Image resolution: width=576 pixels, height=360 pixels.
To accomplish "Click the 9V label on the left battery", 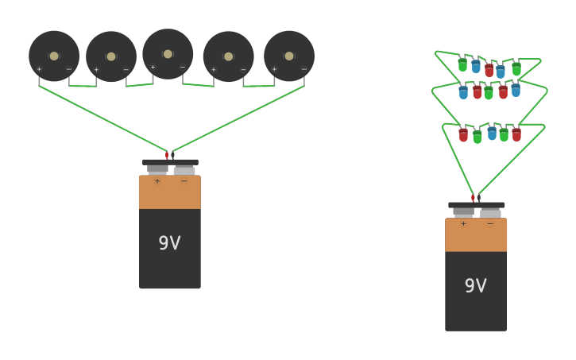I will [169, 243].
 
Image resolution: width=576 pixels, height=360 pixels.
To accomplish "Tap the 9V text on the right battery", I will [475, 286].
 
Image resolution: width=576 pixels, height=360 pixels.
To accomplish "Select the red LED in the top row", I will [489, 70].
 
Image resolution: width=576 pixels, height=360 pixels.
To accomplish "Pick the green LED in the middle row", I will [489, 93].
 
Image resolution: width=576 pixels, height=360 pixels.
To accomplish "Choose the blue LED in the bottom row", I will [492, 133].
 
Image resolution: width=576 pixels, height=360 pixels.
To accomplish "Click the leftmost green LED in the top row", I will [462, 64].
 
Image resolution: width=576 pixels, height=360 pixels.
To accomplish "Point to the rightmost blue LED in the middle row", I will [516, 91].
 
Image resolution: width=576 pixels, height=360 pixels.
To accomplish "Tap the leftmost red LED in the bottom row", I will [463, 135].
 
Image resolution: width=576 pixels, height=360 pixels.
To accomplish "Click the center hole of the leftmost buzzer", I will [54, 56].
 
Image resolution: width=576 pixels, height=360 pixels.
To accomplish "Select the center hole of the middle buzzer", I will [168, 54].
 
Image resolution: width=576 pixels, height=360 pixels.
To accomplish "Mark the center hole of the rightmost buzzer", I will [289, 56].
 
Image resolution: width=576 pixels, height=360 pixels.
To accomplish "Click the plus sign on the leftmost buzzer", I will [39, 69].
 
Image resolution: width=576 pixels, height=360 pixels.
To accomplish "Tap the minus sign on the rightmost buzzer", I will [303, 69].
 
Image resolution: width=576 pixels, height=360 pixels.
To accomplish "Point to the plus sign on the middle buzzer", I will [153, 67].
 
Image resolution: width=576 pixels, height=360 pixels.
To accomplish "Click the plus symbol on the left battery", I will [157, 181].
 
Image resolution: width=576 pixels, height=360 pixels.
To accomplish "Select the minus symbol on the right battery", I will [490, 224].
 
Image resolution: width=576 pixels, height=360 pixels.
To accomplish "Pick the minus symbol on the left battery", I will [184, 181].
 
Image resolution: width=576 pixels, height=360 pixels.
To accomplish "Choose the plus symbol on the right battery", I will [463, 224].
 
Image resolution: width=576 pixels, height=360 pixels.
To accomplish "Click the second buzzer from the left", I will [111, 56].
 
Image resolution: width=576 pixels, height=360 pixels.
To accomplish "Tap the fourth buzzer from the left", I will [229, 56].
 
